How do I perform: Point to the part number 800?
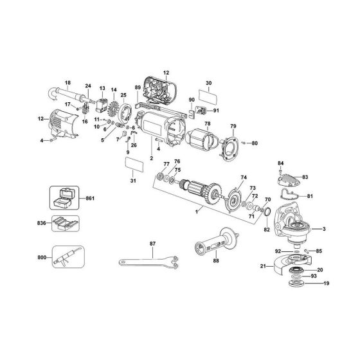point(41,258)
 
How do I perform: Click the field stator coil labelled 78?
point(206,141)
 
